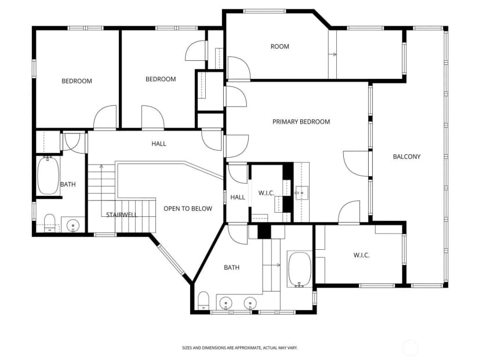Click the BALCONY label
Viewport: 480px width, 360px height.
click(406, 157)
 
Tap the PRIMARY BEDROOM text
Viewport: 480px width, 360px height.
click(301, 122)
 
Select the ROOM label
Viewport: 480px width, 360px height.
click(280, 46)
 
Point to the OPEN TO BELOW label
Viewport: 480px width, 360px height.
click(188, 209)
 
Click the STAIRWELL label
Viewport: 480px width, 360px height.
click(122, 215)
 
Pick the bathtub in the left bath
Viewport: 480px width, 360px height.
click(48, 176)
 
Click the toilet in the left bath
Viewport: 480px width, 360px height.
click(50, 223)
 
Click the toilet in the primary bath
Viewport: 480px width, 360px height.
click(203, 301)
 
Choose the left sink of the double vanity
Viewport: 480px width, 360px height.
click(226, 303)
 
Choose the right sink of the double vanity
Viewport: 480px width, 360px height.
click(250, 303)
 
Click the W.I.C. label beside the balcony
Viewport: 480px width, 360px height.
click(362, 255)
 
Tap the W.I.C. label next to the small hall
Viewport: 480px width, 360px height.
click(266, 193)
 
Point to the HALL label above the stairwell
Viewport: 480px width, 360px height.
click(159, 144)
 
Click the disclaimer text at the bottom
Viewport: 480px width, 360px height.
click(239, 348)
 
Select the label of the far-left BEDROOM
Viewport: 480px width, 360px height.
click(77, 81)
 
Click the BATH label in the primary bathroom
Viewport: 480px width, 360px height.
click(232, 268)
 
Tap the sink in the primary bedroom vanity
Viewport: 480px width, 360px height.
click(301, 193)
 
